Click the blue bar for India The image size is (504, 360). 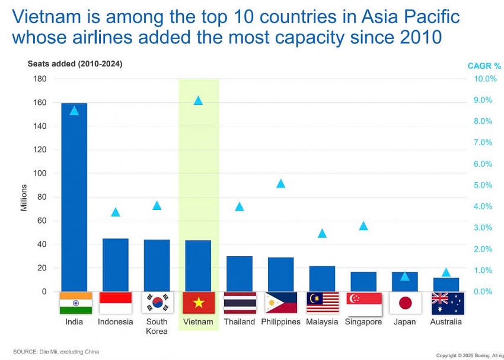click(x=74, y=197)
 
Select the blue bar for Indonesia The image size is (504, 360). click(x=116, y=265)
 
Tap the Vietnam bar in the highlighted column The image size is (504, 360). click(x=198, y=266)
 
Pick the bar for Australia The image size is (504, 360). click(x=446, y=285)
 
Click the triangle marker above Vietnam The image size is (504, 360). click(x=198, y=100)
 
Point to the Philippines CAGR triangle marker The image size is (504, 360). click(x=281, y=183)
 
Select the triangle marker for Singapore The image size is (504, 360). click(x=363, y=225)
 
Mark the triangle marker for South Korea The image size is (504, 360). click(x=157, y=205)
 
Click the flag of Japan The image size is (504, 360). click(x=405, y=303)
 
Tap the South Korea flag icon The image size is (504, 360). click(x=157, y=303)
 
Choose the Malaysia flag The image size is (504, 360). click(x=323, y=303)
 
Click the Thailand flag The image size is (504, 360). click(x=240, y=303)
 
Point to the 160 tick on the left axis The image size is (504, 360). click(x=39, y=102)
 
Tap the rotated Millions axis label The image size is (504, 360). click(x=24, y=197)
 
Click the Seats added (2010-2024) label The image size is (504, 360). click(x=75, y=63)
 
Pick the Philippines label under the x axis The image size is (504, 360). click(x=281, y=322)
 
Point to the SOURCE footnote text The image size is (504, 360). click(x=56, y=352)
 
